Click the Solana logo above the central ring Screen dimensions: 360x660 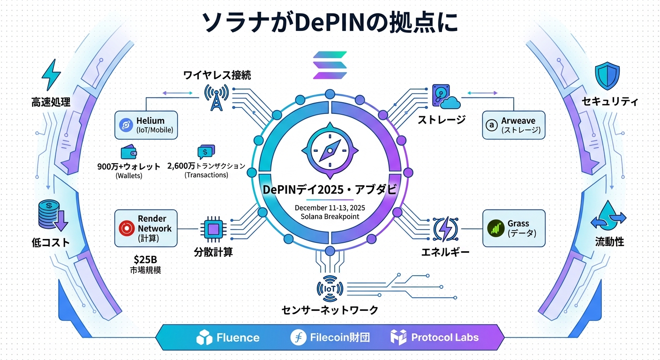tap(330, 65)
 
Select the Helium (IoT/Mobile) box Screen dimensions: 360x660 tap(146, 125)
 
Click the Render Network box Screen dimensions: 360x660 tap(146, 228)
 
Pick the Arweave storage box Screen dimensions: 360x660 tap(514, 125)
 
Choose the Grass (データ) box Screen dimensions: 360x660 tap(514, 228)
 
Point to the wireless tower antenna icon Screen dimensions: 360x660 tap(216, 97)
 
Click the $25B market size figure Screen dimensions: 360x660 tap(145, 259)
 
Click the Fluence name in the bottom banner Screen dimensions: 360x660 tap(238, 337)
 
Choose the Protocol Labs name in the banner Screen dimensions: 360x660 tap(444, 337)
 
